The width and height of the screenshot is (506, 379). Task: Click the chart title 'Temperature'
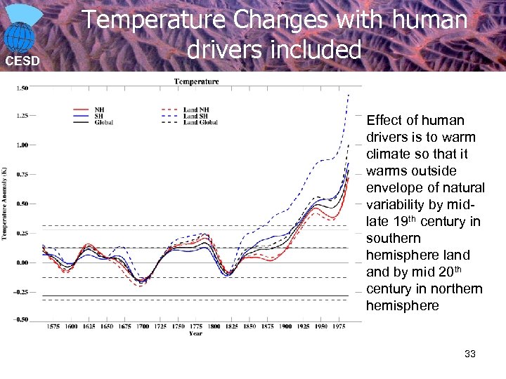(x=196, y=81)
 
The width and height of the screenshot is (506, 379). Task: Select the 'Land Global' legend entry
(x=200, y=122)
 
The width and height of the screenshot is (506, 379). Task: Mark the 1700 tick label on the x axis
(x=143, y=326)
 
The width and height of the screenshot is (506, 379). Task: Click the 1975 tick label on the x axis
(x=339, y=326)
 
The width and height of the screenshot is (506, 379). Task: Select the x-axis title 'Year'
(x=196, y=333)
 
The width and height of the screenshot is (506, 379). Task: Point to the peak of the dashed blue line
(x=349, y=94)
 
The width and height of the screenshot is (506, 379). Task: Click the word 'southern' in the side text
(x=394, y=238)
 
